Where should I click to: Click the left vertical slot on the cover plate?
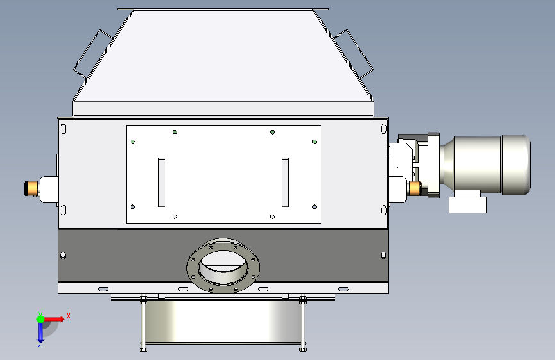tap(161, 182)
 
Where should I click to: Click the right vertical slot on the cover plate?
tap(285, 182)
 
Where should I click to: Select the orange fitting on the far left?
tap(31, 188)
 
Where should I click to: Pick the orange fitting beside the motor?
tap(414, 188)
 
